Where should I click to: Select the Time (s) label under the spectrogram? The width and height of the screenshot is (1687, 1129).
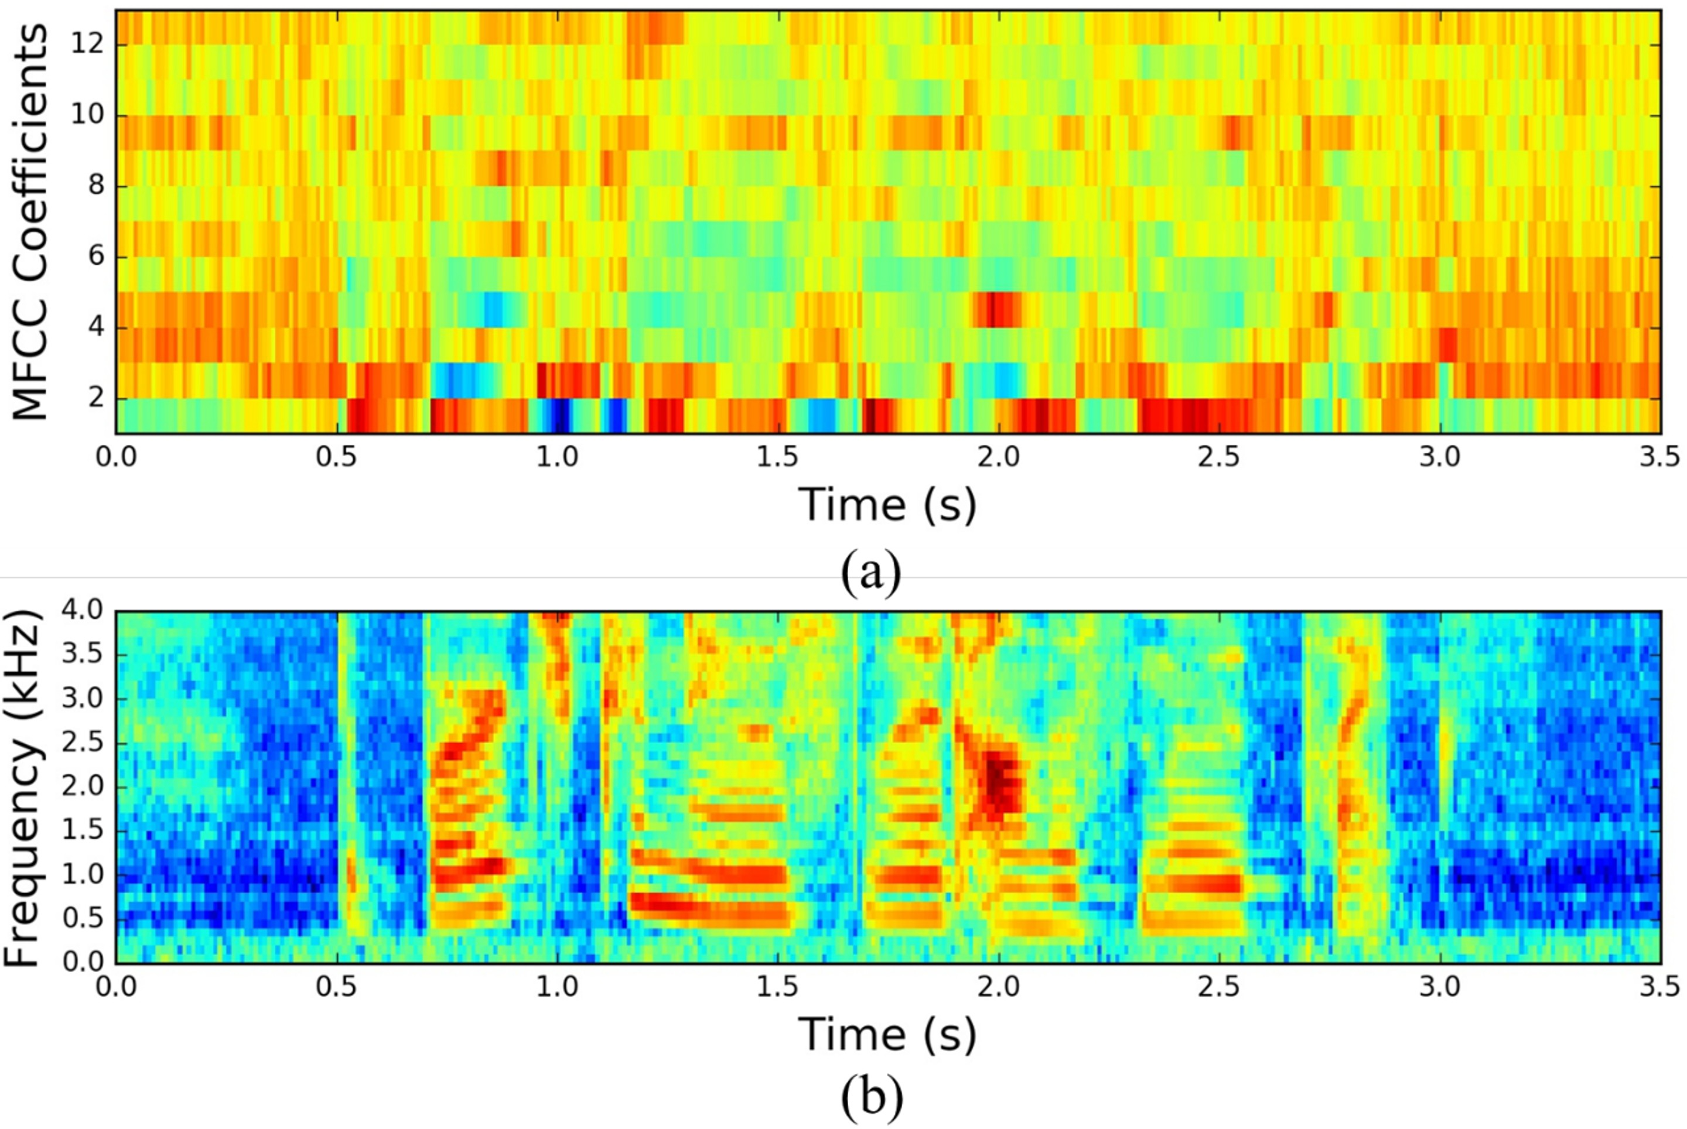click(x=887, y=1035)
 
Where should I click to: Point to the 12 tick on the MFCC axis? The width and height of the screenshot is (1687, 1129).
click(x=87, y=45)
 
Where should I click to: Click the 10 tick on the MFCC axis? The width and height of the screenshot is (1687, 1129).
click(x=87, y=115)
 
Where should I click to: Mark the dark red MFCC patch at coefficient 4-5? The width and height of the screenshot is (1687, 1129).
click(x=998, y=310)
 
